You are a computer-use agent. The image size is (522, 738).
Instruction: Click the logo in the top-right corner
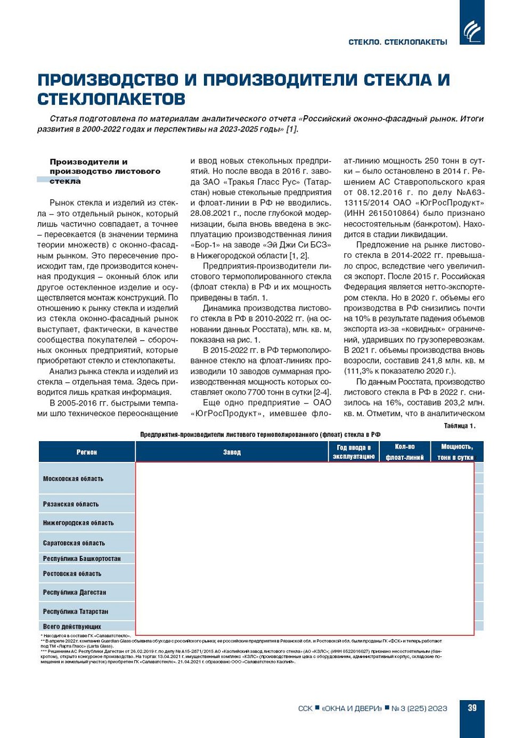pyautogui.click(x=471, y=30)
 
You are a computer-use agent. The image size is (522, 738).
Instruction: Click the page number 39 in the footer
pyautogui.click(x=472, y=708)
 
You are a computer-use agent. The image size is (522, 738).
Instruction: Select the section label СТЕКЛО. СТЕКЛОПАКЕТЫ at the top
pyautogui.click(x=397, y=42)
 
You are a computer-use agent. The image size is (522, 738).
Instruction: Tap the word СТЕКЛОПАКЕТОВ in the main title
pyautogui.click(x=111, y=99)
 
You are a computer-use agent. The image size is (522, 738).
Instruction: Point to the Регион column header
pyautogui.click(x=86, y=452)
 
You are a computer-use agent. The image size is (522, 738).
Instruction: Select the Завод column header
pyautogui.click(x=232, y=452)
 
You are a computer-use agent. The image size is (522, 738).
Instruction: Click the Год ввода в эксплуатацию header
pyautogui.click(x=354, y=452)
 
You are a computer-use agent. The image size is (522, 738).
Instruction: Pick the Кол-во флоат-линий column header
pyautogui.click(x=404, y=452)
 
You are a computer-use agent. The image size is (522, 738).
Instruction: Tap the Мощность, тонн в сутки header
pyautogui.click(x=455, y=452)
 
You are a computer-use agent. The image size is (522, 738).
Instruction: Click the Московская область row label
pyautogui.click(x=73, y=479)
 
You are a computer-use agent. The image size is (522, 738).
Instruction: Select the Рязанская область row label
pyautogui.click(x=71, y=504)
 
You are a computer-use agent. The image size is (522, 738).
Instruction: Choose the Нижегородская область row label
pyautogui.click(x=78, y=523)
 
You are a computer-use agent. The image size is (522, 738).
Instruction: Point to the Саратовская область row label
pyautogui.click(x=74, y=543)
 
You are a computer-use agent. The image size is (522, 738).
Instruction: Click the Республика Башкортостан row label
pyautogui.click(x=81, y=559)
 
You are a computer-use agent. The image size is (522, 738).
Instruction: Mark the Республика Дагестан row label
pyautogui.click(x=75, y=593)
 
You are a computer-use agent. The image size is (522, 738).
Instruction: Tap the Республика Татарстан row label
pyautogui.click(x=76, y=612)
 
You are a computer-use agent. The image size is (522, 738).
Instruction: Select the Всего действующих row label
pyautogui.click(x=72, y=627)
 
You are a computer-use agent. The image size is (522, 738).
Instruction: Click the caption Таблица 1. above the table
pyautogui.click(x=459, y=426)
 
